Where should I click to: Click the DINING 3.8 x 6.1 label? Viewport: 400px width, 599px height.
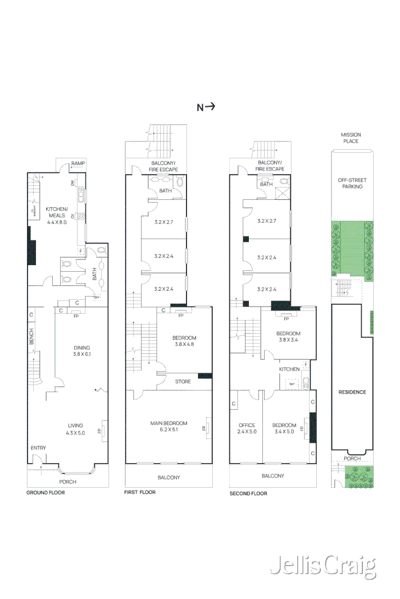point(81,351)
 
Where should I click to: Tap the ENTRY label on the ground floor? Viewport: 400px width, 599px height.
point(39,447)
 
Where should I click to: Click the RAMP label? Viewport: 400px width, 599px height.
point(78,164)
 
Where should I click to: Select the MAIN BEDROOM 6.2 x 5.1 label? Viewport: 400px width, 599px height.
point(169,427)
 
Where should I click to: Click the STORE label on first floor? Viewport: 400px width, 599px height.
point(183,382)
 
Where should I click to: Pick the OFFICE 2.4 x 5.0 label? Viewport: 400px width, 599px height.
point(246,428)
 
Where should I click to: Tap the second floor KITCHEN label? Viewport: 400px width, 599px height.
point(289,369)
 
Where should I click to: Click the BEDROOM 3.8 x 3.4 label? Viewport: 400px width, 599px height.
point(288,337)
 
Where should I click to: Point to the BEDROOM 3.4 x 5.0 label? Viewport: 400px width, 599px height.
point(284,428)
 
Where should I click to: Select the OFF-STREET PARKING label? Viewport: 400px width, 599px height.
point(351,183)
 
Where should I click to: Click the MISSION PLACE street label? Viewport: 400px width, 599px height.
point(351,138)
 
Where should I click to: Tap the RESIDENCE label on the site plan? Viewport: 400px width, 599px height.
point(352,392)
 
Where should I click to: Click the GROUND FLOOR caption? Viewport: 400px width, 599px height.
point(46,492)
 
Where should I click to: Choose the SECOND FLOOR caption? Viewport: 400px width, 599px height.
point(248,493)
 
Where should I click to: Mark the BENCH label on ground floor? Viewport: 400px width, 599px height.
point(31,337)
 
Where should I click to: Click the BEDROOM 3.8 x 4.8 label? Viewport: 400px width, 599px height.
point(184,341)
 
